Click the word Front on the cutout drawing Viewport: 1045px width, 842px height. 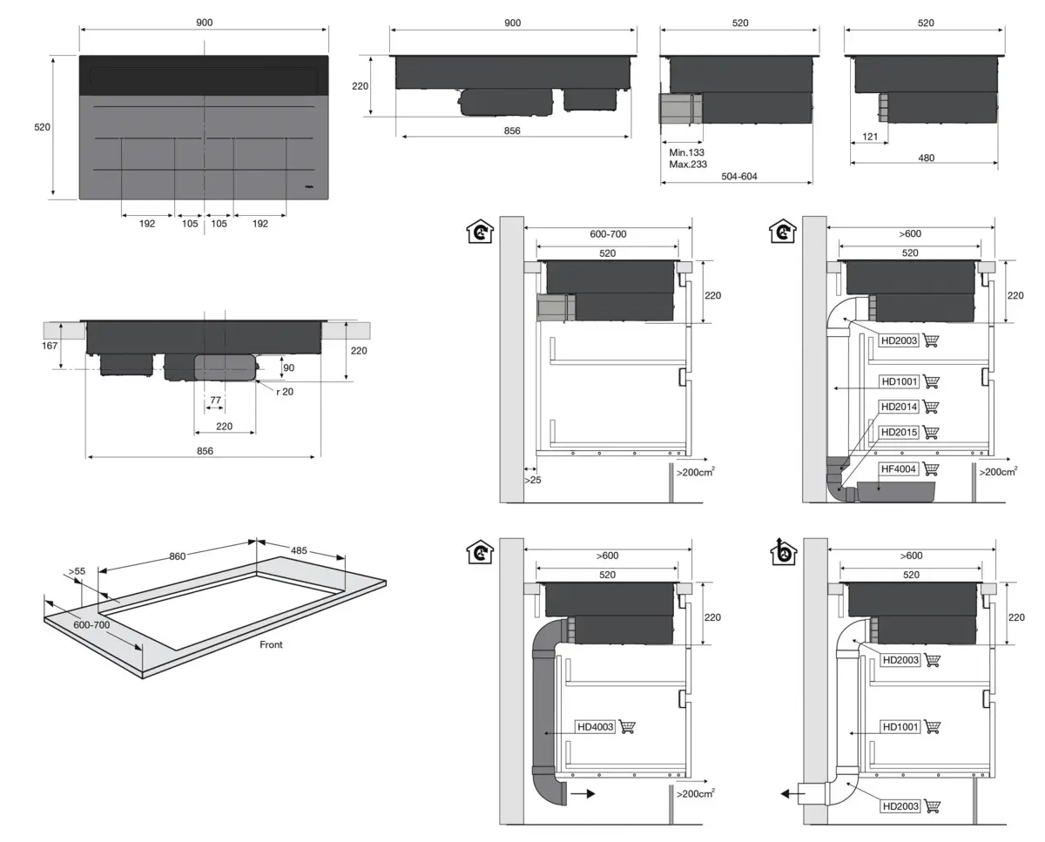pyautogui.click(x=271, y=645)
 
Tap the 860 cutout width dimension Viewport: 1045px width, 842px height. pyautogui.click(x=178, y=556)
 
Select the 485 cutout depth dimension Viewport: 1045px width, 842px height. pyautogui.click(x=298, y=551)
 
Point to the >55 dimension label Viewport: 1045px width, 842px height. pyautogui.click(x=76, y=571)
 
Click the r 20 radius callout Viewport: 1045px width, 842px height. pyautogui.click(x=284, y=393)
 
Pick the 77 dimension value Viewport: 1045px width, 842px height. pyautogui.click(x=214, y=400)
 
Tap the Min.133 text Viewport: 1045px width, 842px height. pyautogui.click(x=686, y=152)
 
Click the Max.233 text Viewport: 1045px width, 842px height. pyautogui.click(x=687, y=164)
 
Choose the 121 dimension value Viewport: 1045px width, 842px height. pyautogui.click(x=870, y=137)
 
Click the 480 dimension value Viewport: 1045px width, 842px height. pyautogui.click(x=926, y=158)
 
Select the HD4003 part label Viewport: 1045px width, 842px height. pyautogui.click(x=596, y=727)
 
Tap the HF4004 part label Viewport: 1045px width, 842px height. pyautogui.click(x=900, y=469)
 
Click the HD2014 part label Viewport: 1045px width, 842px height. pyautogui.click(x=900, y=407)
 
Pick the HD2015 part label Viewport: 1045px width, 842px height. pyautogui.click(x=900, y=432)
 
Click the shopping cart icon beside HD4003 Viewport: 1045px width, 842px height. pyautogui.click(x=627, y=727)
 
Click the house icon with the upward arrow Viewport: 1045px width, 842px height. pyautogui.click(x=785, y=552)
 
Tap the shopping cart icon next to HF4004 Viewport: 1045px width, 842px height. pyautogui.click(x=931, y=469)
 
